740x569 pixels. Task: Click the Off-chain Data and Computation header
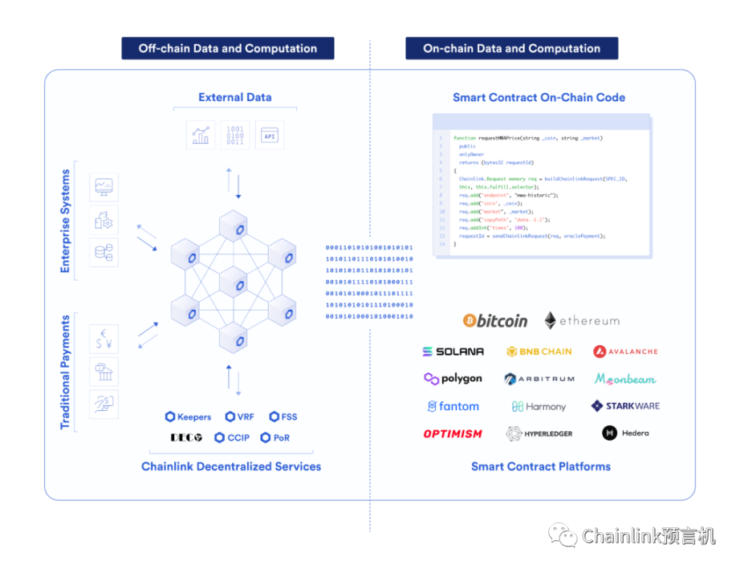point(227,48)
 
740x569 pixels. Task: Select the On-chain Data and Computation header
point(511,48)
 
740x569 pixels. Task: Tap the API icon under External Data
point(269,135)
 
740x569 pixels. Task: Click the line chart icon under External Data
point(201,135)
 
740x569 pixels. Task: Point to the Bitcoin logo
point(495,321)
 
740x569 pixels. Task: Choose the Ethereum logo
point(582,321)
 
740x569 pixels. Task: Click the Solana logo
point(453,352)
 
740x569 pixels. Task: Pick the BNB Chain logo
point(539,352)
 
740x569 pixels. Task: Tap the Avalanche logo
point(625,352)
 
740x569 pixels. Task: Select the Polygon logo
point(453,379)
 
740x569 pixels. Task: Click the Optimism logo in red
point(453,434)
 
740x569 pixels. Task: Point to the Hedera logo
point(625,433)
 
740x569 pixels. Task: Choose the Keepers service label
point(188,417)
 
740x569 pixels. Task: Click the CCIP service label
point(232,437)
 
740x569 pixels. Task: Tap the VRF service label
point(241,417)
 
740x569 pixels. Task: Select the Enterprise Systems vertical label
point(65,221)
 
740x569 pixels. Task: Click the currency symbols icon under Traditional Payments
point(104,339)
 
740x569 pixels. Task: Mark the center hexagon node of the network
point(233,282)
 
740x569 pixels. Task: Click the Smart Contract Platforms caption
point(540,466)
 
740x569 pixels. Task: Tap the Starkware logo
point(625,406)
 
